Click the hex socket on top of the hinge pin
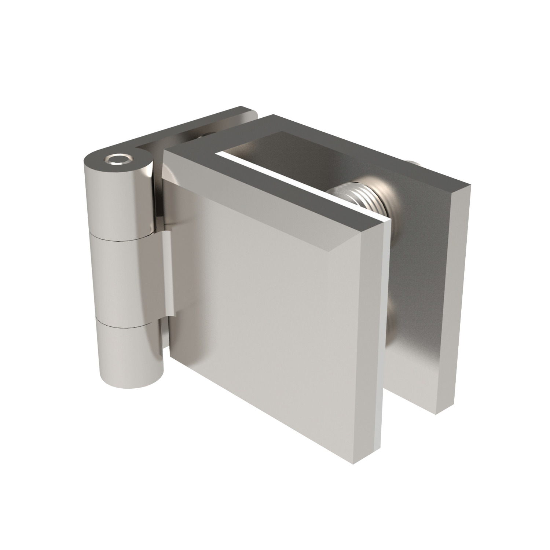click(x=118, y=159)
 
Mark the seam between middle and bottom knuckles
click(x=125, y=323)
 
